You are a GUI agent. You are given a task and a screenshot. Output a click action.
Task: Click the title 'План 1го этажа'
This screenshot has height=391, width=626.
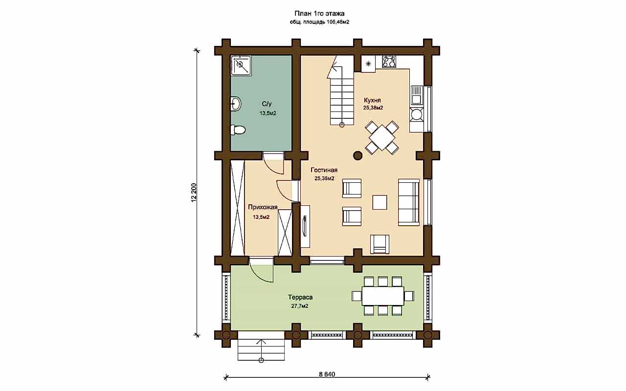click(319, 14)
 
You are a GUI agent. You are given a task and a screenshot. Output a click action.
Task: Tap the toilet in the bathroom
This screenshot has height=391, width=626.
click(238, 130)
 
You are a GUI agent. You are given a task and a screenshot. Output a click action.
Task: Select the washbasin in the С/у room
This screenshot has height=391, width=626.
click(236, 104)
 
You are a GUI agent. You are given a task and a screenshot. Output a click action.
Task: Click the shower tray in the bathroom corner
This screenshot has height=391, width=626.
click(241, 65)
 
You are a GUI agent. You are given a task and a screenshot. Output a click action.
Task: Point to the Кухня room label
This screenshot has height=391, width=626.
click(372, 100)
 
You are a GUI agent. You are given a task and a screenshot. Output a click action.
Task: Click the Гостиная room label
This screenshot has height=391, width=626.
click(324, 170)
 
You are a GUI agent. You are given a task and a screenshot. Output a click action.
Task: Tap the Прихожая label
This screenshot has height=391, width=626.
click(263, 207)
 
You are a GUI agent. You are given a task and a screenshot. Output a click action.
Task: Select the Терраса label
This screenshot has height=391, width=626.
click(300, 297)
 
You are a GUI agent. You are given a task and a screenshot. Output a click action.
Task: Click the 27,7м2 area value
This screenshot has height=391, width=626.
click(300, 306)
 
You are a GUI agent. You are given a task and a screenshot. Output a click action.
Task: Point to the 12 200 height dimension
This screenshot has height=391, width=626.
click(194, 193)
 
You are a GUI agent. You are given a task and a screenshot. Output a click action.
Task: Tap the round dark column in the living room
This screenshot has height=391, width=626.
click(358, 155)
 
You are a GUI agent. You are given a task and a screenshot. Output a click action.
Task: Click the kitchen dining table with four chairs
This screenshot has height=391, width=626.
click(382, 138)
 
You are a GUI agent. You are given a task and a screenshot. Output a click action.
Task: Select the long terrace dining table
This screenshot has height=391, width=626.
click(383, 296)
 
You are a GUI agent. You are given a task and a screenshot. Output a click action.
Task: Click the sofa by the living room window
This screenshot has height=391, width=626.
click(408, 202)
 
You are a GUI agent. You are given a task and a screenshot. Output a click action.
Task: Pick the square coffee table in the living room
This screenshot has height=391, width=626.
click(380, 202)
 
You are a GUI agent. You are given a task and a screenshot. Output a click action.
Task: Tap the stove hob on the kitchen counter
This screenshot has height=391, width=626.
click(389, 62)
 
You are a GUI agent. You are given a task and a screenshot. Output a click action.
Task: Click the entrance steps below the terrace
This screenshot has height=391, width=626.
click(261, 350)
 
